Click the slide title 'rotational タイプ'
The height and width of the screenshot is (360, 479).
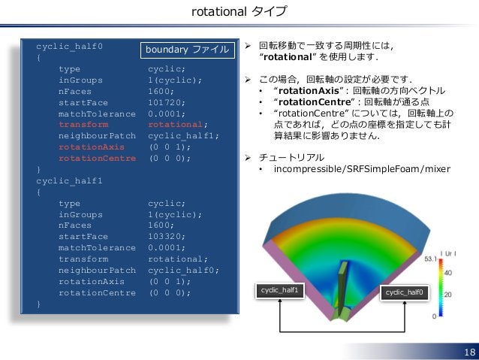(239, 12)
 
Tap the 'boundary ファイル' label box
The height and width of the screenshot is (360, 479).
(188, 50)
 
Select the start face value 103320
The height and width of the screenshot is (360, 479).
(170, 247)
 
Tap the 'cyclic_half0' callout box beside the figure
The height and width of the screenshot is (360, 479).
(405, 292)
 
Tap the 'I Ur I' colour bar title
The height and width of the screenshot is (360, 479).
(450, 252)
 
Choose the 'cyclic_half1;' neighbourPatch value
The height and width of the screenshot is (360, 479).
(184, 135)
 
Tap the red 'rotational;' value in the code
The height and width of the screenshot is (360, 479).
(177, 124)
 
